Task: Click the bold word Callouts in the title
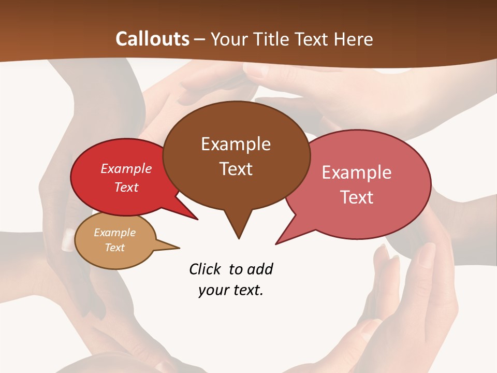[x=152, y=39]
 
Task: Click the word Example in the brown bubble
[x=236, y=144]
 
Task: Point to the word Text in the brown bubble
[x=236, y=169]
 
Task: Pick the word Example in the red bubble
[x=126, y=169]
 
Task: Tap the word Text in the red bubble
[x=126, y=187]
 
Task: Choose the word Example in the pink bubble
[x=357, y=173]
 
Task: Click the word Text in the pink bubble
[x=357, y=197]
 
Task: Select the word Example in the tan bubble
[x=114, y=233]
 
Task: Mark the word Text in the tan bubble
[x=114, y=248]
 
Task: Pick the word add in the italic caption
[x=260, y=269]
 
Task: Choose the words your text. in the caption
[x=230, y=290]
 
